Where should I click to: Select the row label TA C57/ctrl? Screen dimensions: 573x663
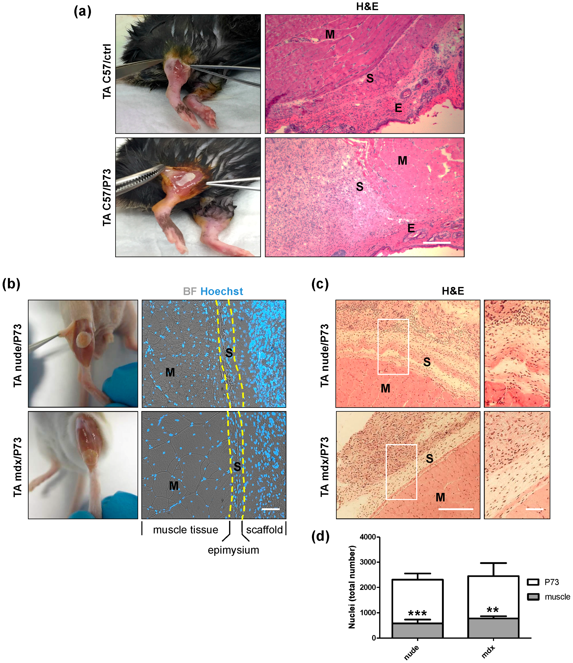(x=107, y=71)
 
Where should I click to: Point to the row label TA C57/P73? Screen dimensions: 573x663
(x=107, y=198)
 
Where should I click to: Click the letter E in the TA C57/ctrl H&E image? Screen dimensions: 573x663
(x=398, y=108)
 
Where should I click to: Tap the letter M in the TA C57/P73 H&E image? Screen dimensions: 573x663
(x=402, y=161)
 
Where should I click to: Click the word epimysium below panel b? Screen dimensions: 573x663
(x=233, y=550)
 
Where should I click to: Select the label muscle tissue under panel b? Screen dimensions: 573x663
(x=185, y=530)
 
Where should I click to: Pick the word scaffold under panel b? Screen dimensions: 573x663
(x=264, y=530)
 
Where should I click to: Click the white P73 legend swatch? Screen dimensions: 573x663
(x=533, y=582)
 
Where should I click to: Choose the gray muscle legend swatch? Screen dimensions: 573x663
(x=533, y=597)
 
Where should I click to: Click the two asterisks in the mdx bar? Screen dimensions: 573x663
(x=493, y=609)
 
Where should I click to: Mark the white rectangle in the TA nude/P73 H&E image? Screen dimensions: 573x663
(x=393, y=346)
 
